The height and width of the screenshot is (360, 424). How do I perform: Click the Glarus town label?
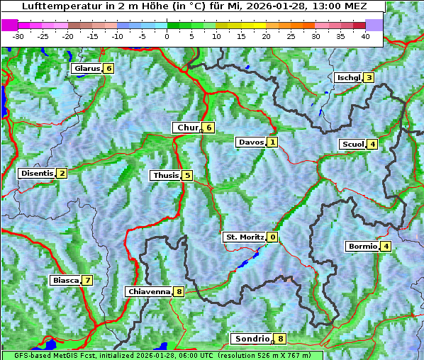coord(85,69)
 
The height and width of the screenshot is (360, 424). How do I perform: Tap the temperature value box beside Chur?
coord(209,128)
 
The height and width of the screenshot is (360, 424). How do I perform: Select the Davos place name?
coord(251,142)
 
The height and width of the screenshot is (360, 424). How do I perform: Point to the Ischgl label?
coord(348,78)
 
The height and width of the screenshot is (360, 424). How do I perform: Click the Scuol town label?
coord(352,145)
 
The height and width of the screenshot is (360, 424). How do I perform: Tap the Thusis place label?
coord(165,176)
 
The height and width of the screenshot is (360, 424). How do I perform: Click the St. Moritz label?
coord(244,237)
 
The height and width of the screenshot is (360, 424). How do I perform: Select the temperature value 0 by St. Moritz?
coord(273,237)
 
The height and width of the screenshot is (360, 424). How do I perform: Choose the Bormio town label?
coord(362,247)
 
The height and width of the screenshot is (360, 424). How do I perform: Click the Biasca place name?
coord(65,281)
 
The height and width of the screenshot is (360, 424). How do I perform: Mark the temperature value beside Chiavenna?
coord(179,291)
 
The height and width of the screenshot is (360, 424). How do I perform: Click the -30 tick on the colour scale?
coord(18,35)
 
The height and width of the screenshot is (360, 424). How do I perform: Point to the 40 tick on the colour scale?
coord(365,35)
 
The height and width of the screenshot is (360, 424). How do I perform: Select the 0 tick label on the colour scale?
coord(167,35)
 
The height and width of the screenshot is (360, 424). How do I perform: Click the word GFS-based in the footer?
coord(28,354)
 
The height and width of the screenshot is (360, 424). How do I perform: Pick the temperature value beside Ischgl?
coord(369,78)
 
